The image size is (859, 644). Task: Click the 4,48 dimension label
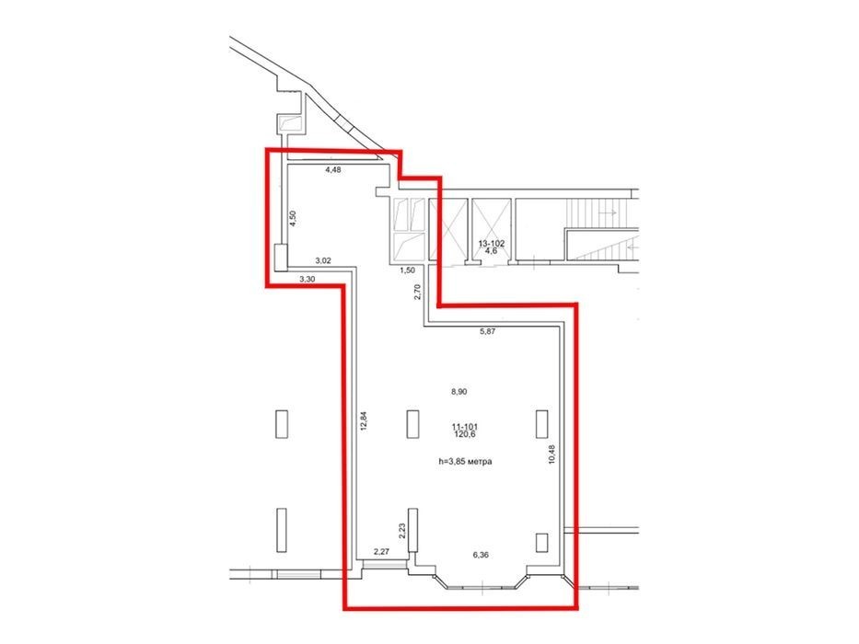pos(333,170)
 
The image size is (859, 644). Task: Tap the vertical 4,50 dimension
pos(293,218)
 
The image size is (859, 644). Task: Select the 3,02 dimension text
pos(322,260)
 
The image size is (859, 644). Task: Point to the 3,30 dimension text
pos(307,279)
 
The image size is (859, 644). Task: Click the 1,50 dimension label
pos(407,270)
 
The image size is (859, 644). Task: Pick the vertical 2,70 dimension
pos(418,292)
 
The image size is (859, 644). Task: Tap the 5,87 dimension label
pos(488,331)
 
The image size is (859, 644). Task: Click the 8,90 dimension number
pos(459,392)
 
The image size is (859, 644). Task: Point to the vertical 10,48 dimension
pos(551,454)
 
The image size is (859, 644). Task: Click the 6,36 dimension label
pos(481,555)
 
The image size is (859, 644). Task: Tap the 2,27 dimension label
pos(381,551)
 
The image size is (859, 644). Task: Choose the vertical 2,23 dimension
pos(401,531)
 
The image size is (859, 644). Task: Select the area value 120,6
pos(464,434)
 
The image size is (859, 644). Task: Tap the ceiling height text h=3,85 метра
pos(465,461)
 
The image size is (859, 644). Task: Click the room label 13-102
pos(492,244)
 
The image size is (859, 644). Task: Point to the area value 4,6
pos(492,251)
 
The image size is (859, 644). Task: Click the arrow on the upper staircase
pos(608,211)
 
